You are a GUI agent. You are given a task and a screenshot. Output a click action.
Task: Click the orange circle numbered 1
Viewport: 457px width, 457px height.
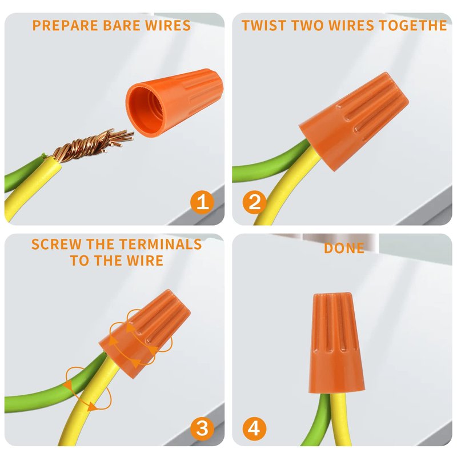202,202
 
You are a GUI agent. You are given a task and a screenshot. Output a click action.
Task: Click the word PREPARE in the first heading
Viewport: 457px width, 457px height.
65,25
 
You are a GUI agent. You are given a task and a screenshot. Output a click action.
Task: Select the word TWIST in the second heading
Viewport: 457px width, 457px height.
265,25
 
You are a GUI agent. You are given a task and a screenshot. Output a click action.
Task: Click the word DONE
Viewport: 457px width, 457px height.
344,248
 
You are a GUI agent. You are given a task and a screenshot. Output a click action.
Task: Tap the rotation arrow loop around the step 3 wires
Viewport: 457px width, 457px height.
88,389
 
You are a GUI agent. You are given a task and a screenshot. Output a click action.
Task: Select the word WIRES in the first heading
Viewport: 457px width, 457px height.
168,25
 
